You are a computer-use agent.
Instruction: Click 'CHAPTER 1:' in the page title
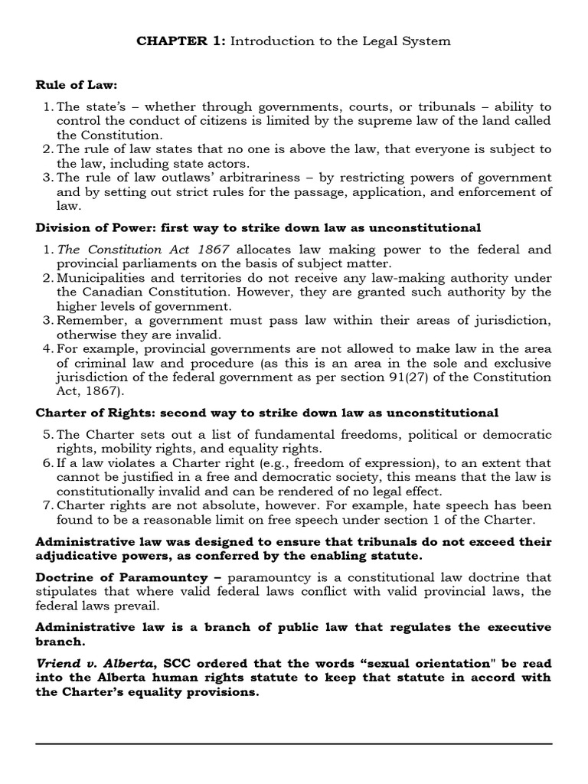click(x=169, y=41)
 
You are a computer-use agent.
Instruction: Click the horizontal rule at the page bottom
click(x=294, y=743)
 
